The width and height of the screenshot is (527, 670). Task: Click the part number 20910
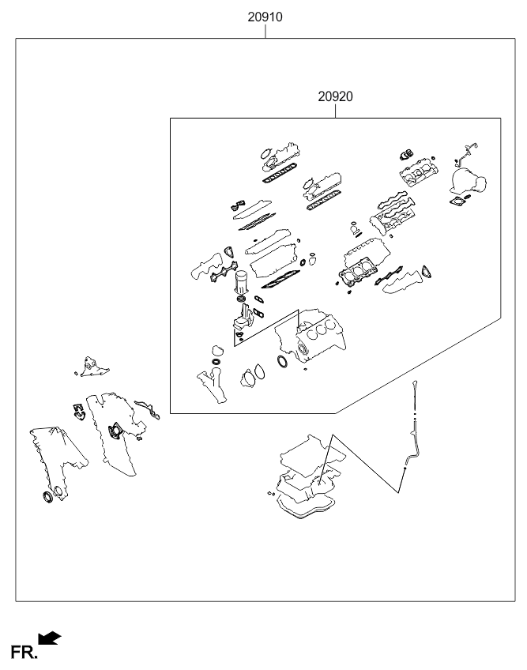tap(265, 17)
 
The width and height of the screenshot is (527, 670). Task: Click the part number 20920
tap(336, 96)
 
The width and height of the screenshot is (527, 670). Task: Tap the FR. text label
tap(24, 653)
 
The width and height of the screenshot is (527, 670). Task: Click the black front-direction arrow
tap(50, 638)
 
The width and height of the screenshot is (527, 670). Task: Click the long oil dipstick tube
tap(410, 436)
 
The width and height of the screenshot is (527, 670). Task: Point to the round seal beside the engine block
tap(283, 362)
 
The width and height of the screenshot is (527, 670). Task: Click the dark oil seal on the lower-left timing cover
tap(48, 498)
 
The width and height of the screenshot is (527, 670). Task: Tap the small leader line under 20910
tap(265, 31)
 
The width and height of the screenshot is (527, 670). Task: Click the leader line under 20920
tap(336, 111)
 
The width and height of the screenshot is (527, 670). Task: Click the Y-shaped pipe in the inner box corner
tap(213, 386)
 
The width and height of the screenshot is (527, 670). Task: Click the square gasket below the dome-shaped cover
tap(457, 201)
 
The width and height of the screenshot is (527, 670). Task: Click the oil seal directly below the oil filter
tap(242, 298)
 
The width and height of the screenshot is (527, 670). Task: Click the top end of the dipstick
tap(415, 381)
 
